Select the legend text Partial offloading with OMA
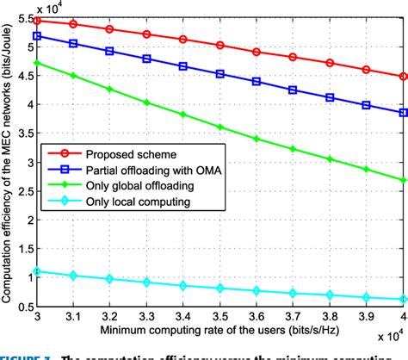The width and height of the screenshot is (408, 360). (138, 170)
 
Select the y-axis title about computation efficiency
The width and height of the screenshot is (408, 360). (8, 159)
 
